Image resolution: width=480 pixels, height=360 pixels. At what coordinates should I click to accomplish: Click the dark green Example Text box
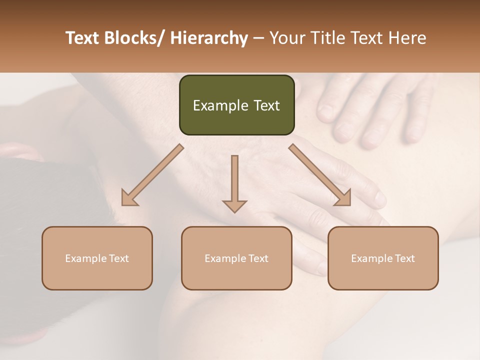coord(236,105)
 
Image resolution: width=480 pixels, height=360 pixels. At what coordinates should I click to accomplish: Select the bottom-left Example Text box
coord(97,258)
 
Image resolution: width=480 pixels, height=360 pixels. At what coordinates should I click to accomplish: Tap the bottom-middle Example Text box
coord(236,258)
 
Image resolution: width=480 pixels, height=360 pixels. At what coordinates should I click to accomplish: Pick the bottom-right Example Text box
coord(383,258)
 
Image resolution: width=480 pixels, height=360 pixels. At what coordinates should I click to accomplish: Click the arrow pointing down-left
coord(153,175)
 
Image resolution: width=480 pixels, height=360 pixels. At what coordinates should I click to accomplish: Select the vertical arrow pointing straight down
coord(234,183)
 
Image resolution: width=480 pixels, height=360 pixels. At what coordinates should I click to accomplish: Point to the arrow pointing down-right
coord(320,175)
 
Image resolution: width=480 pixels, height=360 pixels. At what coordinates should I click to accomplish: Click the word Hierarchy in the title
coord(209,38)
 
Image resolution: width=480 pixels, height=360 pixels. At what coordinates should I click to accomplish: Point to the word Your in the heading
coord(287,38)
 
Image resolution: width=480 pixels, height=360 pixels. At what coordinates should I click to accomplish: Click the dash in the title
coord(258,38)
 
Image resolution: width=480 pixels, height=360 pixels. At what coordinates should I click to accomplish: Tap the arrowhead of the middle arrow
coord(234,205)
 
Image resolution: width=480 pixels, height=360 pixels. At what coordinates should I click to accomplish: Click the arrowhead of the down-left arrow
coord(129,198)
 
